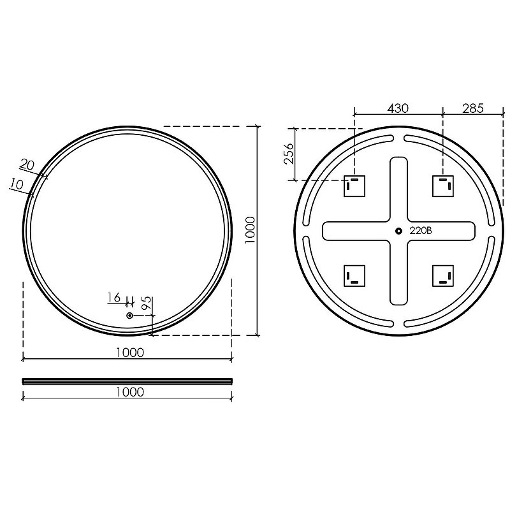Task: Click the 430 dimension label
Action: point(397,108)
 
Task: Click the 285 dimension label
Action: point(473,108)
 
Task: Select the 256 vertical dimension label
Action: point(289,154)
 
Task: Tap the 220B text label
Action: point(421,231)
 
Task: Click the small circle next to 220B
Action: point(398,231)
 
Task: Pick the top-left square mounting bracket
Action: point(354,186)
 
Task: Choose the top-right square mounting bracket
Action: point(443,186)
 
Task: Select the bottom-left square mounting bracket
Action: point(354,276)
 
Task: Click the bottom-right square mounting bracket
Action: point(443,276)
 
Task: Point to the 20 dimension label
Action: point(27,165)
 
